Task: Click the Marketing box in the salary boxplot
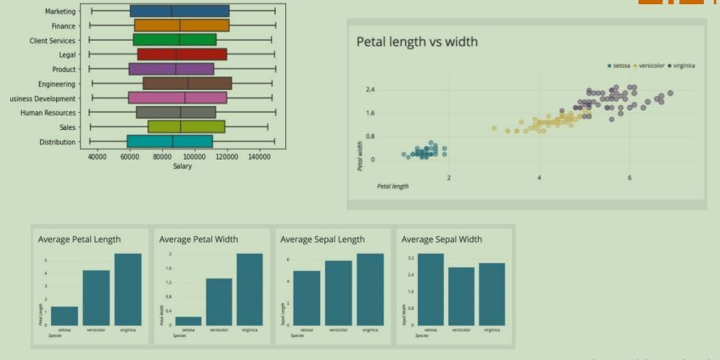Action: tap(179, 11)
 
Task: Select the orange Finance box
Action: tap(181, 25)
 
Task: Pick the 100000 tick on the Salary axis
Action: tap(194, 157)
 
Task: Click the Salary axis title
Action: tap(182, 166)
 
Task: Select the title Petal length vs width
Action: tap(416, 42)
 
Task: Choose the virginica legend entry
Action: tap(683, 65)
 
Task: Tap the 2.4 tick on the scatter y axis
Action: tap(370, 89)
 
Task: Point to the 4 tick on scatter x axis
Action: tap(539, 177)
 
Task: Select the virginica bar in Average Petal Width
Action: tap(249, 290)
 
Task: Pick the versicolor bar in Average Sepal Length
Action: tap(338, 293)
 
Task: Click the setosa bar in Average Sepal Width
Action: tap(430, 290)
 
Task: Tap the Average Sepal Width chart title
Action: tap(442, 239)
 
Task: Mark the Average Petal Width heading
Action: tap(199, 239)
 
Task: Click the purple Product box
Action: tap(172, 69)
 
